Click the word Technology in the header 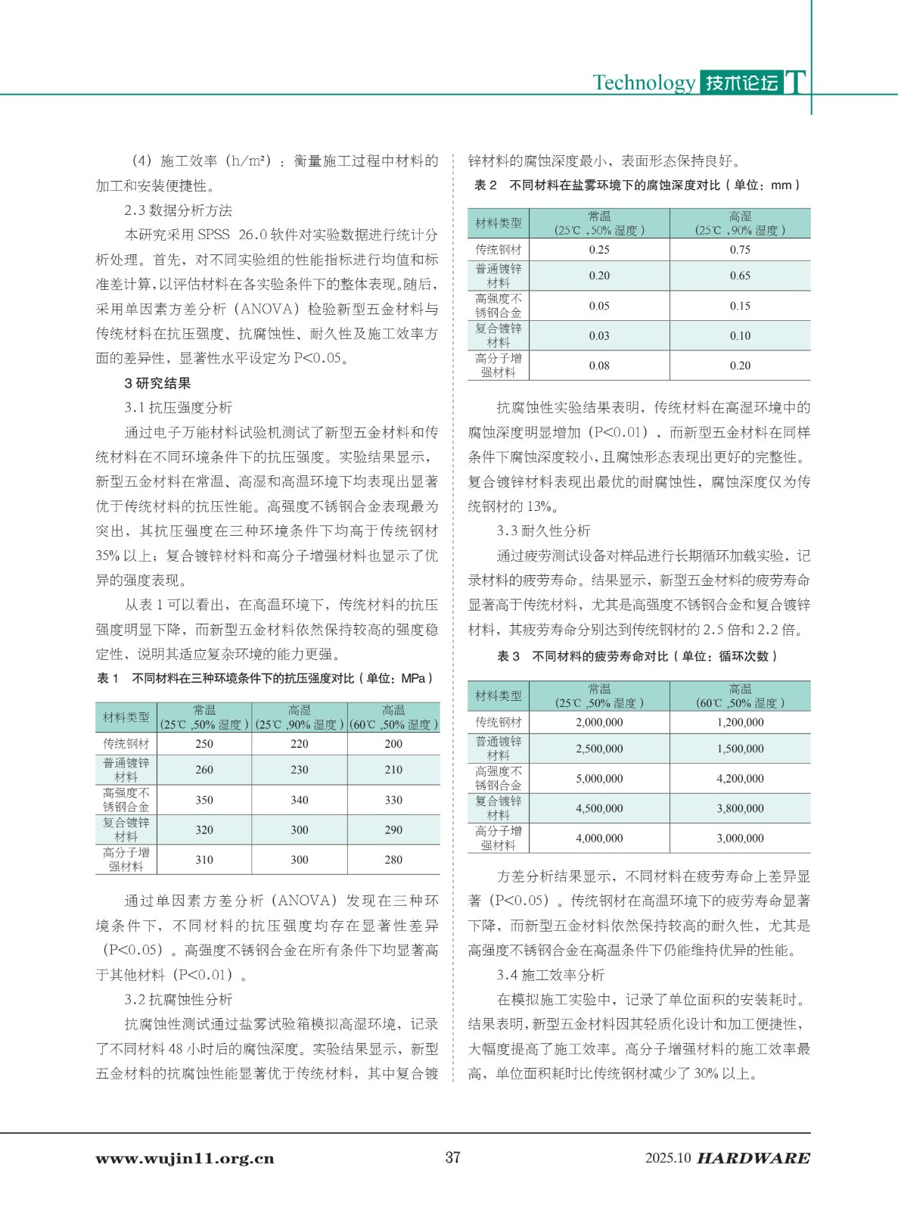(x=643, y=82)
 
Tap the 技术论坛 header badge (x=741, y=82)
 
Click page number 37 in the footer (x=452, y=1157)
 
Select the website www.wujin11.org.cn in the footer (x=185, y=1158)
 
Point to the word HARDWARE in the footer (x=753, y=1158)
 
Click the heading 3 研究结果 (x=157, y=383)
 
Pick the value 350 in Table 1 (x=204, y=800)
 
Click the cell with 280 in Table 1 (x=393, y=860)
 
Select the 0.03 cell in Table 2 (x=599, y=336)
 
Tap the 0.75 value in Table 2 (x=740, y=250)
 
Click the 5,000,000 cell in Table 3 (x=599, y=779)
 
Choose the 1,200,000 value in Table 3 (x=740, y=723)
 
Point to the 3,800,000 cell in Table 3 (x=740, y=808)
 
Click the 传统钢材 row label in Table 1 (x=126, y=744)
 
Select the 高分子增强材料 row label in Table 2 (x=499, y=366)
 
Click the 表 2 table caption (x=636, y=185)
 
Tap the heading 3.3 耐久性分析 (x=543, y=531)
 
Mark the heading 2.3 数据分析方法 (x=178, y=210)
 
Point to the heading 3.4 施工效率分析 (x=551, y=975)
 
